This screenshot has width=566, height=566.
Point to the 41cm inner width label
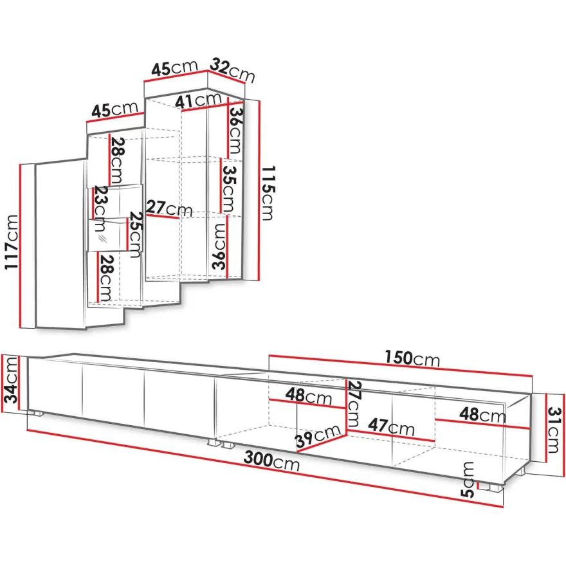coord(198,100)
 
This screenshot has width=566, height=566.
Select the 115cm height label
coord(268,193)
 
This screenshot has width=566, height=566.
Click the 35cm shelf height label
coord(228,189)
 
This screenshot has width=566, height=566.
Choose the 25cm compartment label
coord(135,235)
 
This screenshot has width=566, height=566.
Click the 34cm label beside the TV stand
coord(10,379)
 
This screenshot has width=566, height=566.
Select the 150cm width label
coord(412,358)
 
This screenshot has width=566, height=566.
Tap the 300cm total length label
coord(272,461)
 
